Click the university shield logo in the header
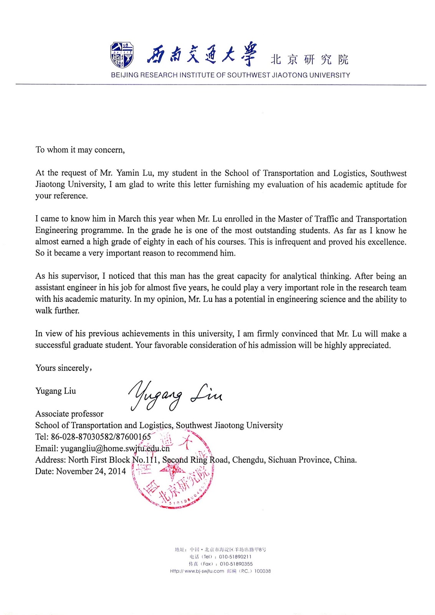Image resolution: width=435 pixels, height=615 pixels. tap(122, 55)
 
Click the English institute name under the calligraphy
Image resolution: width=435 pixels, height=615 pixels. tap(230, 75)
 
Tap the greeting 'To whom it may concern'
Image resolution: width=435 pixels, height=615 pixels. tap(80, 150)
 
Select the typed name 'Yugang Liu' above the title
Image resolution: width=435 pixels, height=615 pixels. tap(56, 391)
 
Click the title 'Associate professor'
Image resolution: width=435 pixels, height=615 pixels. tap(69, 414)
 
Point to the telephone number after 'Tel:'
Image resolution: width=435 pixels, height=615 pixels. tap(101, 437)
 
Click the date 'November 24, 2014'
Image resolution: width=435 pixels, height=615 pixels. tap(91, 471)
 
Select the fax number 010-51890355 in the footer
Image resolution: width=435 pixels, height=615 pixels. tap(236, 564)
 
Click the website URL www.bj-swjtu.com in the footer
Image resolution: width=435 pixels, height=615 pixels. tap(204, 571)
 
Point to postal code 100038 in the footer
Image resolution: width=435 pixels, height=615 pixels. tap(263, 571)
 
